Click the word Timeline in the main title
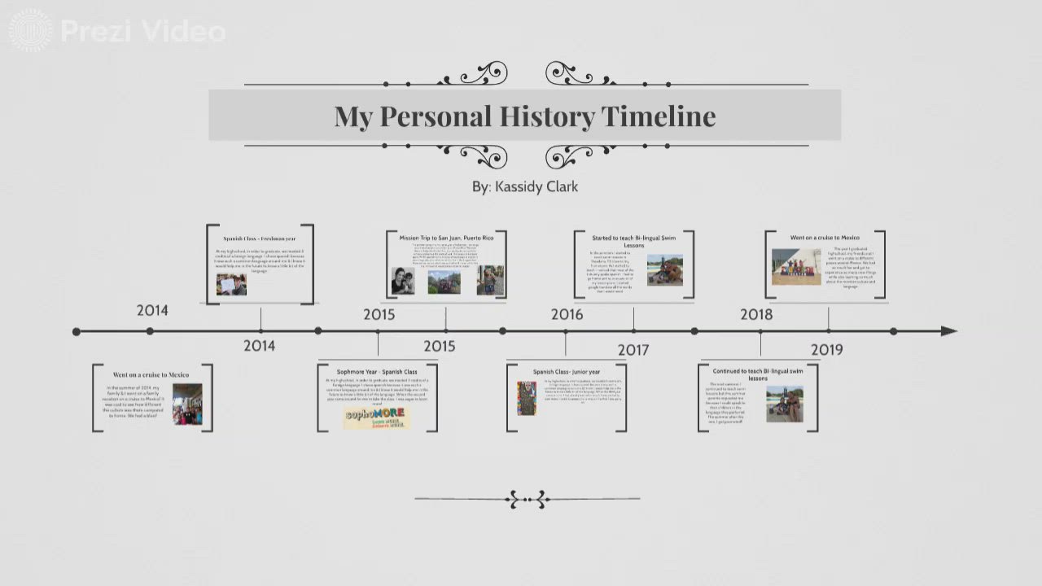(x=658, y=116)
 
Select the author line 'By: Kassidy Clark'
(x=525, y=186)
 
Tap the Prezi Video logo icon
(x=30, y=31)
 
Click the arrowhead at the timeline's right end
(x=948, y=331)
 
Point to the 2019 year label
(x=826, y=349)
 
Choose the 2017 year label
(x=633, y=350)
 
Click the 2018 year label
(x=756, y=314)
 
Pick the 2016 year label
(x=567, y=314)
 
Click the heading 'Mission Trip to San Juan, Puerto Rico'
(x=446, y=238)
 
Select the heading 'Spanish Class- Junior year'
(x=567, y=372)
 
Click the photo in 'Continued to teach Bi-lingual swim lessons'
(x=784, y=404)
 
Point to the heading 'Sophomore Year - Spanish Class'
(x=377, y=372)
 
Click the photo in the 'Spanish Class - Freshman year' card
(x=231, y=284)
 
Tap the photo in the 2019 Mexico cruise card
(x=796, y=267)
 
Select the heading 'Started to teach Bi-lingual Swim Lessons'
(x=633, y=241)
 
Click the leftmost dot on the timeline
(x=77, y=331)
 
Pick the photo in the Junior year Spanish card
(x=527, y=398)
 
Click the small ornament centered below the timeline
(x=528, y=499)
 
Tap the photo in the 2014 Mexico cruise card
(x=187, y=405)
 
